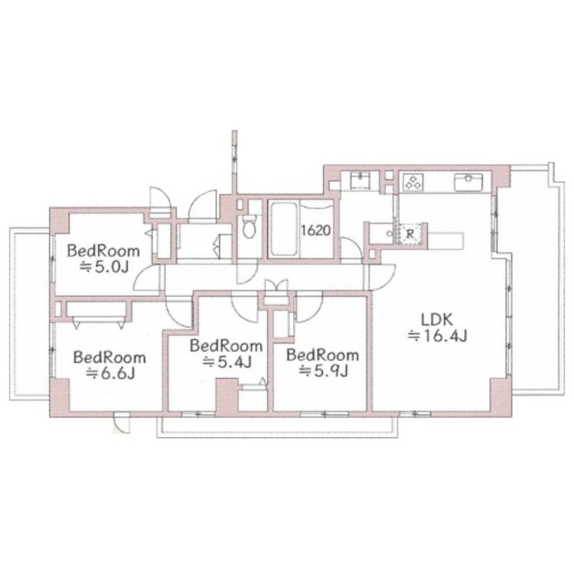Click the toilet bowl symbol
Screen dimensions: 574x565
pyautogui.click(x=250, y=227)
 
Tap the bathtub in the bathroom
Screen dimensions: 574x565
pyautogui.click(x=283, y=228)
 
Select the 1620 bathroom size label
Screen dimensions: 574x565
pyautogui.click(x=316, y=230)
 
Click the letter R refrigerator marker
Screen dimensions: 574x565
pyautogui.click(x=410, y=234)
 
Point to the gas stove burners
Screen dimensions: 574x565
pyautogui.click(x=413, y=182)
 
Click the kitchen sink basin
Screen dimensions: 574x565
pyautogui.click(x=468, y=182)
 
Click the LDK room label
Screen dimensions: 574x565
pyautogui.click(x=438, y=320)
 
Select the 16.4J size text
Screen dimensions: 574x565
pyautogui.click(x=438, y=336)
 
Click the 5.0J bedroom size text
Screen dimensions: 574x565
pyautogui.click(x=104, y=267)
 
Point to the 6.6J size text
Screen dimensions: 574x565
pyautogui.click(x=110, y=373)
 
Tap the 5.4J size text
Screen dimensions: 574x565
pyautogui.click(x=227, y=362)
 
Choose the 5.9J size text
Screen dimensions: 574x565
pyautogui.click(x=323, y=371)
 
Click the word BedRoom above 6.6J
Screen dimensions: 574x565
pyautogui.click(x=109, y=358)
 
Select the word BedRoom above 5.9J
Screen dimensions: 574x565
pyautogui.click(x=322, y=355)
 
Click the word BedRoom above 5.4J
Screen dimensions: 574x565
pyautogui.click(x=226, y=346)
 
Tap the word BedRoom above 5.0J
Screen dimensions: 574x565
pyautogui.click(x=103, y=251)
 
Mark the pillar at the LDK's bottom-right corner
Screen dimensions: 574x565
pyautogui.click(x=501, y=396)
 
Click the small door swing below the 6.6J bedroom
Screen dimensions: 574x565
pyautogui.click(x=122, y=423)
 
